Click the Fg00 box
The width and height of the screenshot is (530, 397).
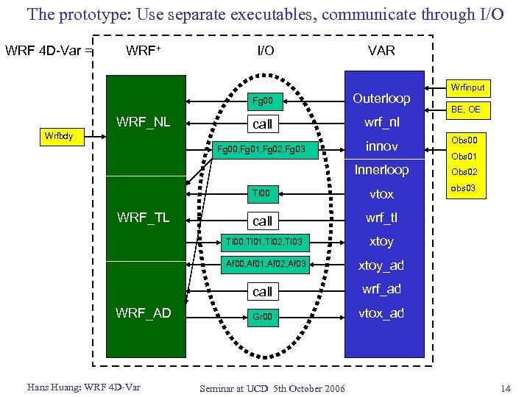tap(262, 100)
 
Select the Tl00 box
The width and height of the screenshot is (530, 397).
tap(262, 194)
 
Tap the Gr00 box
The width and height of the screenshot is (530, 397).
tap(262, 317)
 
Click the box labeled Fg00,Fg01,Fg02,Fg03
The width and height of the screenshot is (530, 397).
tap(266, 151)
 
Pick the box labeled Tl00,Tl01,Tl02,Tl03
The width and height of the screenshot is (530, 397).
tap(263, 242)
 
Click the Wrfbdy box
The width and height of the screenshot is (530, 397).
tap(64, 136)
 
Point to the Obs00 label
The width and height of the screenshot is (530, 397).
tap(464, 140)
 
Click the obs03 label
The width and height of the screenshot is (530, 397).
tap(464, 189)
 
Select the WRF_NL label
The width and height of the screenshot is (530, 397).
tap(143, 122)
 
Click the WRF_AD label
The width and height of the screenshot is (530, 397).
tap(143, 313)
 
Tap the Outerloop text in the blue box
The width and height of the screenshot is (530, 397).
tap(381, 99)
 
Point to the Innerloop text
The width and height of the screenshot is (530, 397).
tap(381, 170)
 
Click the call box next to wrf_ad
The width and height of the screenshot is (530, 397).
tap(262, 292)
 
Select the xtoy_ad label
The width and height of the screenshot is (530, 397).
tap(381, 265)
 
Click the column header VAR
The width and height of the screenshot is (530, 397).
tap(381, 51)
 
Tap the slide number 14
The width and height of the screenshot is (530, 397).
tap(504, 387)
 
